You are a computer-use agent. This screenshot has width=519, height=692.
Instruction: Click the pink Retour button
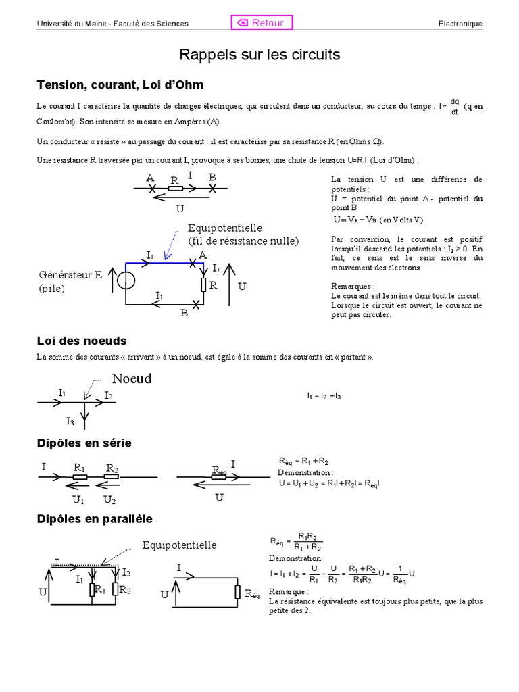[262, 23]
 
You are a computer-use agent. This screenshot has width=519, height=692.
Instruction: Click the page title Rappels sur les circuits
[259, 54]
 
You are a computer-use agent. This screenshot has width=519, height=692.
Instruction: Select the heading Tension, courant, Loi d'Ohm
[120, 85]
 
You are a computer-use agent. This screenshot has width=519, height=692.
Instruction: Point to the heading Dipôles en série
[84, 443]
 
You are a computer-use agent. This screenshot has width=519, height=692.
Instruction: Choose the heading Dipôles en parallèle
[94, 519]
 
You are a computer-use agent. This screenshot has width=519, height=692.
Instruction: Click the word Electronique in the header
[460, 24]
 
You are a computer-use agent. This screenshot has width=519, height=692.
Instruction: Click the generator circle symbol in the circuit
[126, 280]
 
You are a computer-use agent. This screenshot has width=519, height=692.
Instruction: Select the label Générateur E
[70, 275]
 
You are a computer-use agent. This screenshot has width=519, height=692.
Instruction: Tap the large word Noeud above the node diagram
[132, 378]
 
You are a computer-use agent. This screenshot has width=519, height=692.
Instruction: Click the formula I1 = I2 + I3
[324, 396]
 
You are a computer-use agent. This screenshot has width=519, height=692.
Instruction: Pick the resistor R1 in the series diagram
[80, 476]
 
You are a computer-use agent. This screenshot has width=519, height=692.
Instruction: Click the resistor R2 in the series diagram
[112, 476]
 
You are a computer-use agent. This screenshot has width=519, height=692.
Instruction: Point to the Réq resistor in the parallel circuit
[238, 593]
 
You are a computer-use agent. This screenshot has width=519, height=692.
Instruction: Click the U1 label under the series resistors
[78, 500]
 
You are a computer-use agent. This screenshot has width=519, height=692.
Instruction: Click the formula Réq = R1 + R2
[304, 461]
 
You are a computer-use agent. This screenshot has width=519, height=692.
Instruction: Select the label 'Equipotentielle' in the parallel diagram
[179, 545]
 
